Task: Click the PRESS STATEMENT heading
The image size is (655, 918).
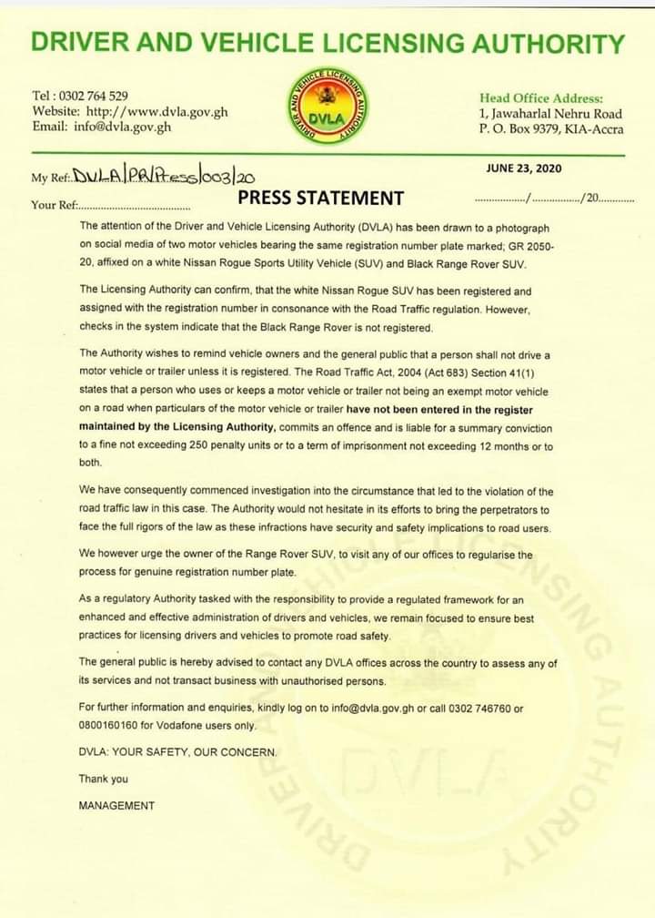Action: coord(320,198)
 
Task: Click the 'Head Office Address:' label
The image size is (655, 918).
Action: coord(540,98)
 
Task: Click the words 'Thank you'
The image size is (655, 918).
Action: coord(104,779)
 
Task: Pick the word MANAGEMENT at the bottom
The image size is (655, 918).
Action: coord(116,805)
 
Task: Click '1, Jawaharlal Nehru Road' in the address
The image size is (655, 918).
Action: coord(549,114)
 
